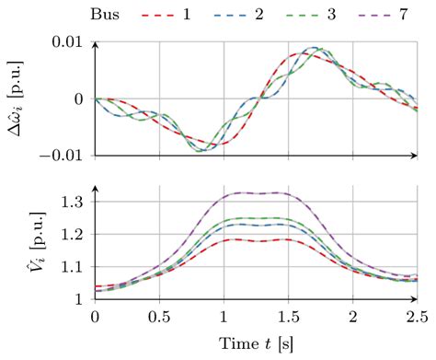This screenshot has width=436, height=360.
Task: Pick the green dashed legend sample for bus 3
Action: (322, 16)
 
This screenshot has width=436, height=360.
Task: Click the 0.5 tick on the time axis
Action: (159, 317)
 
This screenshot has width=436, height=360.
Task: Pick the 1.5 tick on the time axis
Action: (287, 317)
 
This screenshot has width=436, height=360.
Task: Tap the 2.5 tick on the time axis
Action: (415, 317)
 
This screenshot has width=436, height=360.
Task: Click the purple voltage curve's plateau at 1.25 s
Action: (255, 193)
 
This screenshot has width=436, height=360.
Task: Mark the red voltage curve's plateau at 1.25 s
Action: (255, 241)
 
